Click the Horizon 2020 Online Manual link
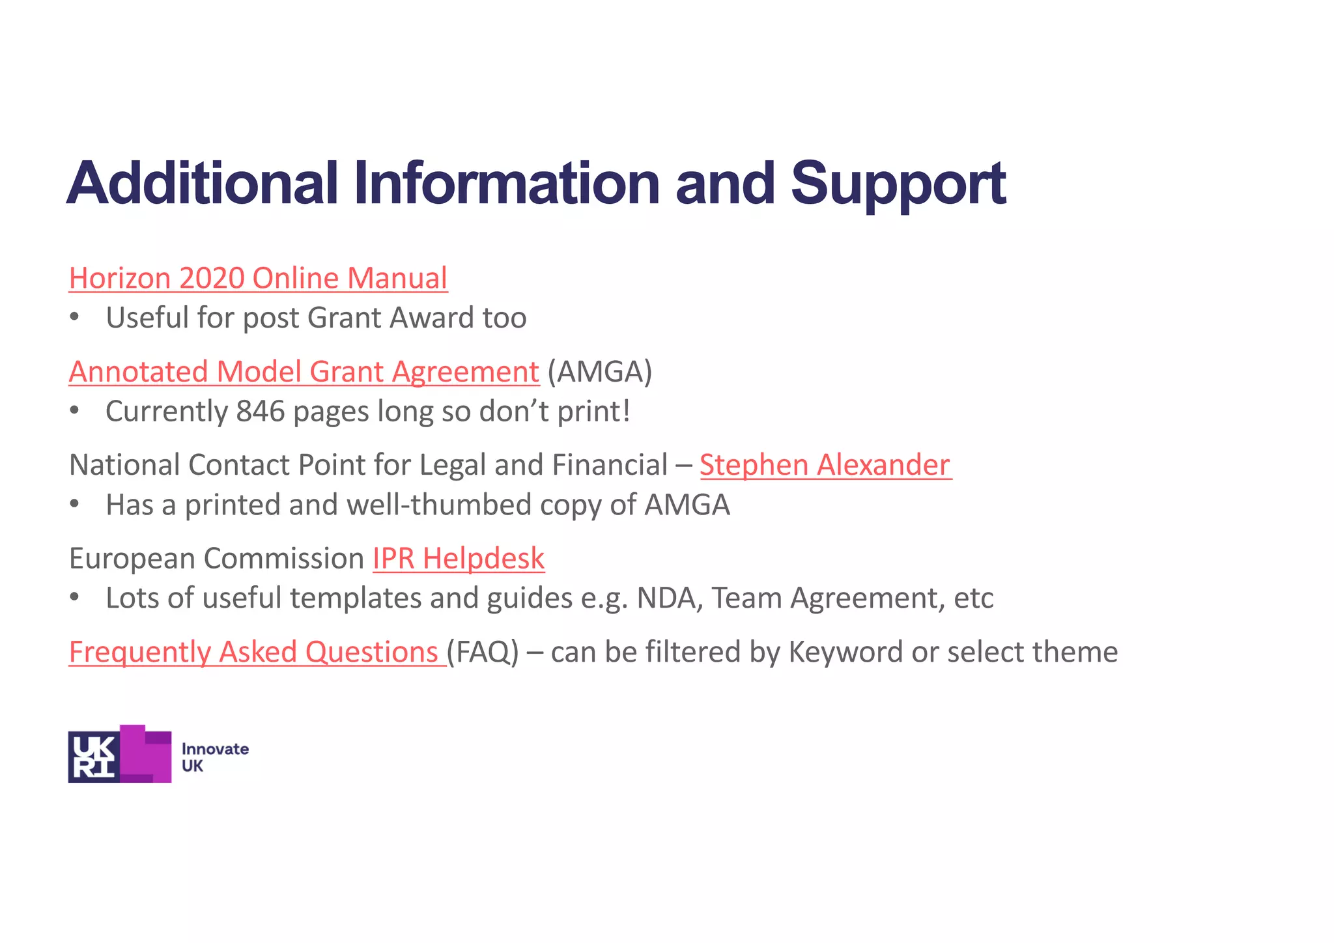[258, 278]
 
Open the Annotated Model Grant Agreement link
[304, 372]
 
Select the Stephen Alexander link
[825, 465]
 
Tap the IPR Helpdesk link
[459, 559]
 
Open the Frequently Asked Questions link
[257, 652]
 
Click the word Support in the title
[898, 184]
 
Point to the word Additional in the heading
[202, 184]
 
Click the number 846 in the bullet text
[261, 412]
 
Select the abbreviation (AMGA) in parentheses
[599, 372]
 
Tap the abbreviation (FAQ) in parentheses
[483, 652]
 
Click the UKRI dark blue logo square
[94, 756]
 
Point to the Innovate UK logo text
[214, 757]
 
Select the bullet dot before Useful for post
[75, 318]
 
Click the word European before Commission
[132, 559]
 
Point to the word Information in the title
[508, 184]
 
